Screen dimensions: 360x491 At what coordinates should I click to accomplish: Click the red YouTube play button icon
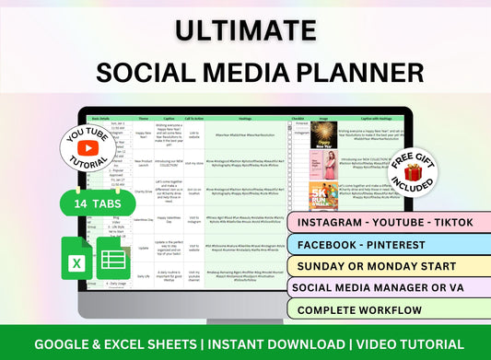pyautogui.click(x=89, y=147)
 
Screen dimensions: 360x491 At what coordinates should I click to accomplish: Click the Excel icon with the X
pyautogui.click(x=78, y=260)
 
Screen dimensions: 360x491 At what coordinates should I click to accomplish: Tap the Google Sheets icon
pyautogui.click(x=115, y=260)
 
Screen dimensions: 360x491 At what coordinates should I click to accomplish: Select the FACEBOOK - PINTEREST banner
pyautogui.click(x=368, y=246)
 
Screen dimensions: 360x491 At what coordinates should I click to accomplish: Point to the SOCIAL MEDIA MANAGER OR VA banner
pyautogui.click(x=387, y=288)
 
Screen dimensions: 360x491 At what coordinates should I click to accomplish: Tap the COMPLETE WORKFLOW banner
pyautogui.click(x=378, y=309)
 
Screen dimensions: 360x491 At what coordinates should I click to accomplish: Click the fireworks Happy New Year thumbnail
pyautogui.click(x=323, y=134)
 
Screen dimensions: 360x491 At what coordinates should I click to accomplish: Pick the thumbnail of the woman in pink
pyautogui.click(x=323, y=165)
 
